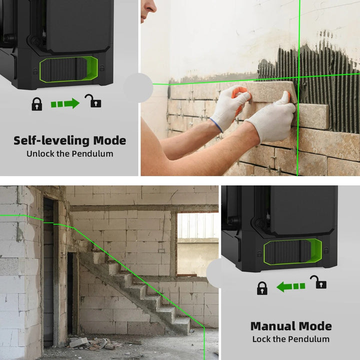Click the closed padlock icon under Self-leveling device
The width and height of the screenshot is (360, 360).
37,103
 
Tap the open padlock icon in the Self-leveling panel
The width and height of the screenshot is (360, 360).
92,101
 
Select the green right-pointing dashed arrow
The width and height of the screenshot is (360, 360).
65,103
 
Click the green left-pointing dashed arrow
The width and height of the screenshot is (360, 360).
291,286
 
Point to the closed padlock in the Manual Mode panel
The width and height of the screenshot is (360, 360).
262,287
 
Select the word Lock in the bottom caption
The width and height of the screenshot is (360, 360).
262,339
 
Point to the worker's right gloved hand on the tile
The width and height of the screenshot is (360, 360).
272,118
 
